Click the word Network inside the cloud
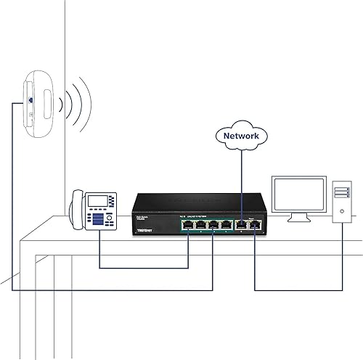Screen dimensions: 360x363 (x=241, y=136)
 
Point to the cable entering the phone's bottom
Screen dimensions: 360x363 (x=99, y=247)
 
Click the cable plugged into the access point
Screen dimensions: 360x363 (x=15, y=181)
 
